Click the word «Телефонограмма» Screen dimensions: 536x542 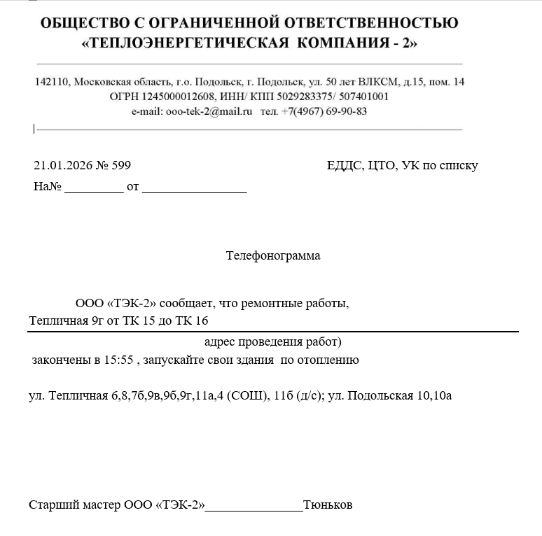(273, 255)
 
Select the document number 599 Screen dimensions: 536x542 (121, 166)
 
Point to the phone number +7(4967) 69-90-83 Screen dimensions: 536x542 (324, 111)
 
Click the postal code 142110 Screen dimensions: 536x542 (53, 82)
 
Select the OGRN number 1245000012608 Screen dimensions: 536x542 (179, 97)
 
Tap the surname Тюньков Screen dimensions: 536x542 (328, 505)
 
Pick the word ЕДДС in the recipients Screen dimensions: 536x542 (343, 166)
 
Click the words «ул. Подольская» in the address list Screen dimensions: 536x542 (379, 396)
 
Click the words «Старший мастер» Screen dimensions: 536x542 (74, 505)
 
